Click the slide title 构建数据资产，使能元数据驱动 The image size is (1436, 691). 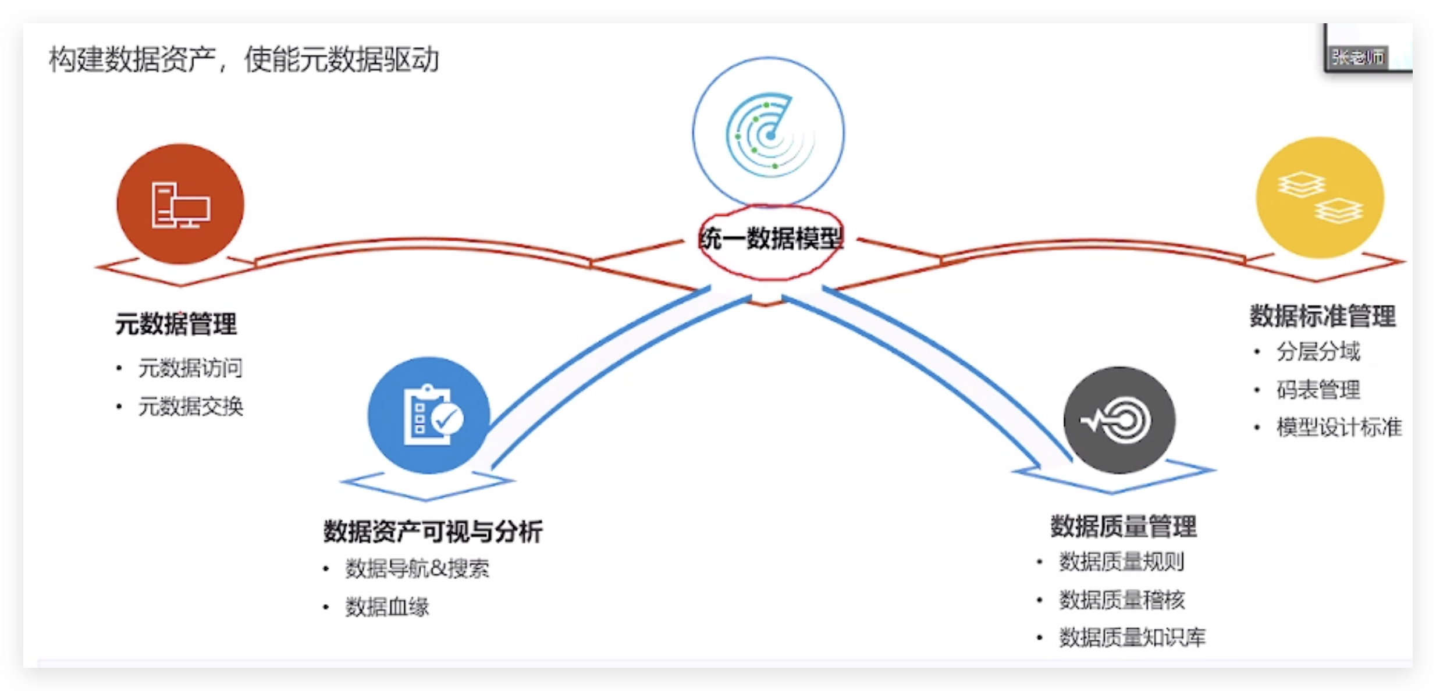click(244, 60)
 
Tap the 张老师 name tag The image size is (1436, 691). click(1358, 58)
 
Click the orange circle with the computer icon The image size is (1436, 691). click(180, 204)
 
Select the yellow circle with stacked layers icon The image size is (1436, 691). click(1320, 198)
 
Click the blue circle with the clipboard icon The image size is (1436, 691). click(429, 415)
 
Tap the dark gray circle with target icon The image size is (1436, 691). click(1119, 420)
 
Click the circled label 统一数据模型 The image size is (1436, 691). click(771, 239)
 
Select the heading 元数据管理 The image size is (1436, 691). click(176, 324)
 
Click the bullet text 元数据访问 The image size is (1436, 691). click(190, 368)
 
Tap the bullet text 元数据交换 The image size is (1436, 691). click(190, 407)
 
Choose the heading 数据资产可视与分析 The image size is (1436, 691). click(433, 532)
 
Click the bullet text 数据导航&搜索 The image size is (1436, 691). click(417, 569)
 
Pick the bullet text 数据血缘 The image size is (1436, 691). click(387, 607)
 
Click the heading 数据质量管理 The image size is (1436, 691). click(1124, 527)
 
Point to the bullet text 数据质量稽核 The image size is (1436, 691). click(1122, 600)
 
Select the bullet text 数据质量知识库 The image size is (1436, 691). click(1132, 638)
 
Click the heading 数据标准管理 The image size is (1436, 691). click(1323, 316)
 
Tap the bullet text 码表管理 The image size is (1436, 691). click(1318, 390)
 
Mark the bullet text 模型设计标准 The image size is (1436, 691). click(1339, 428)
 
